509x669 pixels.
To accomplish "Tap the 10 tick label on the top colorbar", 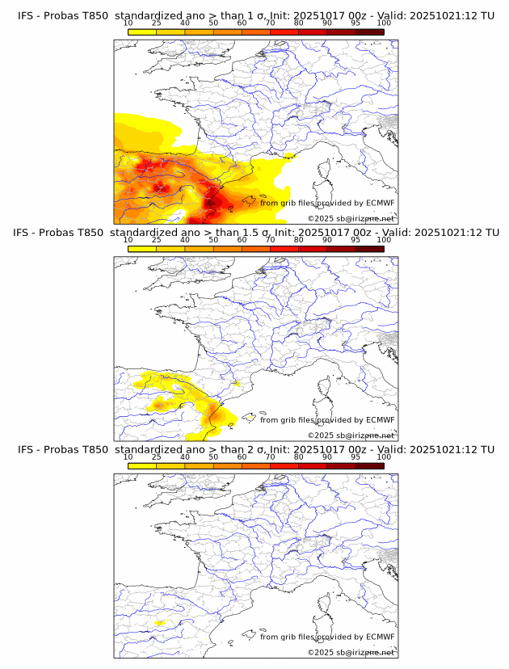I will [x=128, y=24].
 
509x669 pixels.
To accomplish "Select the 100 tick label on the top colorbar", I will [x=384, y=24].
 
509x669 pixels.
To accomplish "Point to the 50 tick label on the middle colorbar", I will [x=213, y=241].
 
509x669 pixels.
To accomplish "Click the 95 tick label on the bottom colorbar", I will [x=355, y=457].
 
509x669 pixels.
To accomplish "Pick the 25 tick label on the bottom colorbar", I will [x=157, y=457].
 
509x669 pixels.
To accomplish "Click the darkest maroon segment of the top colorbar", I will [x=369, y=32].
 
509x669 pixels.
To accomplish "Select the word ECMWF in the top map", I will [x=380, y=203].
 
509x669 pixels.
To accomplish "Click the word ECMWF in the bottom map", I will [x=380, y=637].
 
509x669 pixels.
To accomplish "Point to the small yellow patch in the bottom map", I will [x=160, y=623].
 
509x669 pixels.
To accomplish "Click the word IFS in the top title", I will [x=26, y=16].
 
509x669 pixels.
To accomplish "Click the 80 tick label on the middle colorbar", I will [x=299, y=241].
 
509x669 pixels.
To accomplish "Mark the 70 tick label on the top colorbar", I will [x=270, y=24].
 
